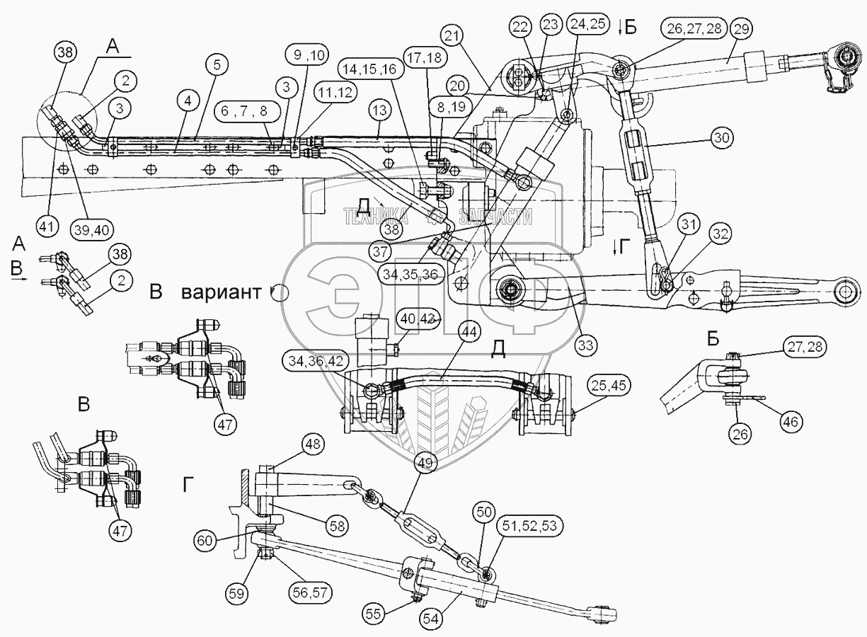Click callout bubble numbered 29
[741, 29]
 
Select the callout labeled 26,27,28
[694, 29]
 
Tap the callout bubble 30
[722, 138]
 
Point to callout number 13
[379, 110]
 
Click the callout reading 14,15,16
[371, 69]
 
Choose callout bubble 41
[47, 226]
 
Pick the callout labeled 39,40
[92, 230]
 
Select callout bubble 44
[469, 333]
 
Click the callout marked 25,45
[609, 386]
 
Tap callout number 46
[791, 421]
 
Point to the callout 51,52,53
[530, 527]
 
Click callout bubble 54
[431, 619]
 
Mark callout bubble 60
[205, 540]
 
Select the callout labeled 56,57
[311, 592]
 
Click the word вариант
[221, 292]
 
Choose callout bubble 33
[585, 345]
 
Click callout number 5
[217, 65]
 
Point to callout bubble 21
[454, 36]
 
